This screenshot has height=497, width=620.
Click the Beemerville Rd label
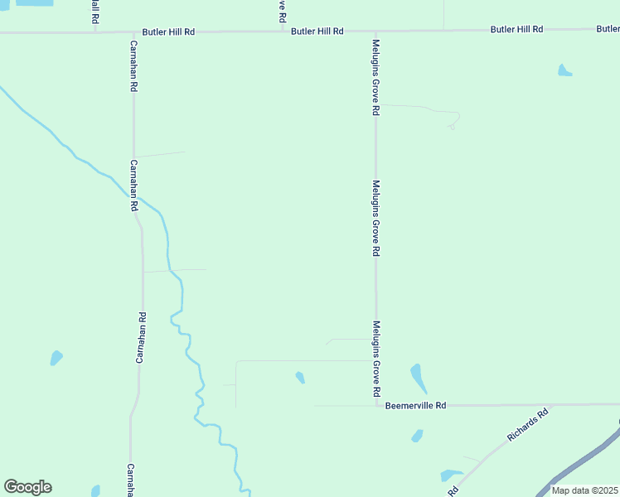pyautogui.click(x=416, y=406)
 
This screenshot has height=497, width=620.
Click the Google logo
pyautogui.click(x=27, y=487)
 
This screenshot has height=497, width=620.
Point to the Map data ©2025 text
pyautogui.click(x=584, y=490)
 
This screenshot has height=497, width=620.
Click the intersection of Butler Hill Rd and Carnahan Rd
pyautogui.click(x=133, y=32)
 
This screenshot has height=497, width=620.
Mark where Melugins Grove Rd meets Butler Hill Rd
pyautogui.click(x=375, y=31)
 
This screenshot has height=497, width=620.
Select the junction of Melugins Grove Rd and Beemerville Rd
pyautogui.click(x=375, y=406)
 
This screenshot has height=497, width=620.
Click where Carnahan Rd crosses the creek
pyautogui.click(x=137, y=199)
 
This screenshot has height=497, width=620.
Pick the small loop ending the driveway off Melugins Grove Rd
pyautogui.click(x=453, y=127)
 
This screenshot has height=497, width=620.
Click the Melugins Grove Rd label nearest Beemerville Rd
pyautogui.click(x=376, y=358)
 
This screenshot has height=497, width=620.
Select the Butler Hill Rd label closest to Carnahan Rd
pyautogui.click(x=168, y=31)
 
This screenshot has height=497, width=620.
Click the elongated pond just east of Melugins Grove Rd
pyautogui.click(x=419, y=378)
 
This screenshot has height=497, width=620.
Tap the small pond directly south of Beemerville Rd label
pyautogui.click(x=417, y=436)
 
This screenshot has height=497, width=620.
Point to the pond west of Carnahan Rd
pyautogui.click(x=56, y=358)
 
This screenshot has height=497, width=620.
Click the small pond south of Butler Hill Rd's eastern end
pyautogui.click(x=564, y=70)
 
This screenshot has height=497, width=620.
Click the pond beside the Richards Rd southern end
pyautogui.click(x=451, y=476)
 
